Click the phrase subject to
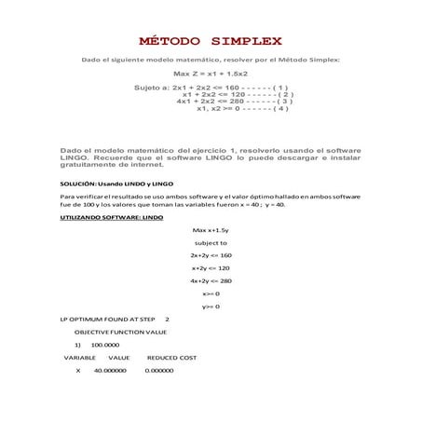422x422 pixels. (211, 242)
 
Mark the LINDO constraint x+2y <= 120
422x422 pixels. (211, 267)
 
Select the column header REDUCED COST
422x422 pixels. (172, 357)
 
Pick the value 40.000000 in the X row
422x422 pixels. (110, 370)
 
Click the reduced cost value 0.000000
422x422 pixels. (160, 370)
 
